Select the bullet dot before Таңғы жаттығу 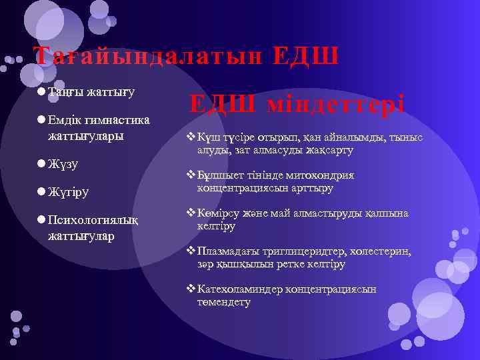pyautogui.click(x=41, y=91)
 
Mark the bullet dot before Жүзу pyautogui.click(x=41, y=163)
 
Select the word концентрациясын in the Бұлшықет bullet pyautogui.click(x=244, y=189)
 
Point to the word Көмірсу pyautogui.click(x=221, y=213)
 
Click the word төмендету pyautogui.click(x=224, y=303)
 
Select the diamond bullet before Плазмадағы pyautogui.click(x=191, y=251)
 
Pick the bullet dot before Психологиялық pyautogui.click(x=41, y=221)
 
